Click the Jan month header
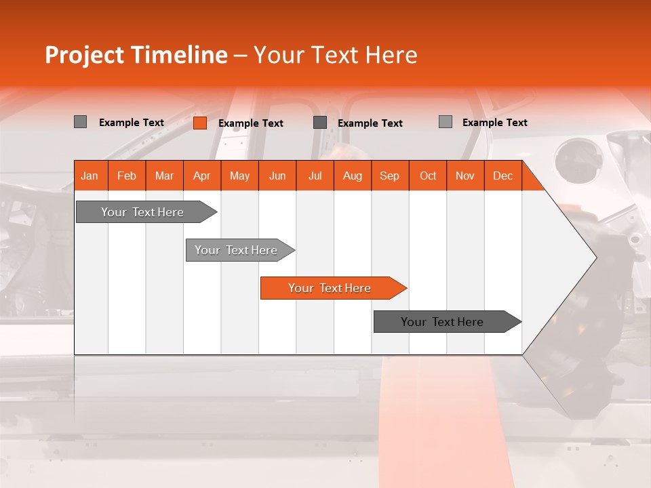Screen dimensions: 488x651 click(90, 176)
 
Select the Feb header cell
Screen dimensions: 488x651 click(127, 176)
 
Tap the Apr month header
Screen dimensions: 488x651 click(201, 176)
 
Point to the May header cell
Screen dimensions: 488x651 click(239, 176)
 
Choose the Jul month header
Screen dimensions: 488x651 click(315, 176)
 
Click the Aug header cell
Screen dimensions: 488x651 click(352, 176)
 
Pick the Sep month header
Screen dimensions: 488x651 click(389, 176)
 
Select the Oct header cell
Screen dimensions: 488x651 click(427, 176)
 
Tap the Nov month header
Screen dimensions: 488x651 click(465, 176)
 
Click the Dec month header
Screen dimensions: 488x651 click(502, 176)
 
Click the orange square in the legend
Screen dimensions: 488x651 click(199, 123)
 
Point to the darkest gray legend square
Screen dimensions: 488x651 click(320, 123)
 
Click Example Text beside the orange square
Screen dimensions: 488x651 click(250, 123)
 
